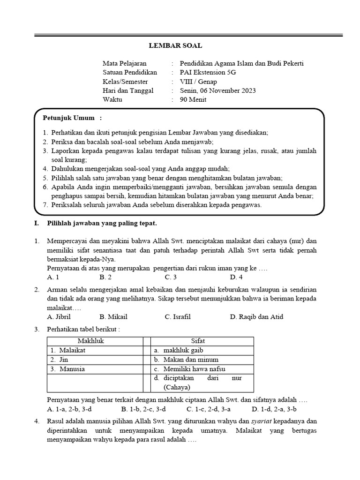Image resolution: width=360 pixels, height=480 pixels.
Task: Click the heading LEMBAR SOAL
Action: point(175,46)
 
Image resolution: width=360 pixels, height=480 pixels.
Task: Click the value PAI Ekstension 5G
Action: point(208,72)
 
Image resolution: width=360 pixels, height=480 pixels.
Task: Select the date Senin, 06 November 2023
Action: point(218,90)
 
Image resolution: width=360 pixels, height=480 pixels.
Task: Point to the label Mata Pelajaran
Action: point(124,63)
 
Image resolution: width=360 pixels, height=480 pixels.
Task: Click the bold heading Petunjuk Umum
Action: point(69,118)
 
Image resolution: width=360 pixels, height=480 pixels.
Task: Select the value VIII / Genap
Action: point(198,82)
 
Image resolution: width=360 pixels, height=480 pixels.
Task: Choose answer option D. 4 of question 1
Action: point(236,277)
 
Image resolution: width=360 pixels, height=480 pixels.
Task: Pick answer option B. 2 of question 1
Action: point(105,277)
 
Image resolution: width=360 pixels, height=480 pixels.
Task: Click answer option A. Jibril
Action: point(59,317)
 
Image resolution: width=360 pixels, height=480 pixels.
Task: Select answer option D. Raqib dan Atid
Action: point(256,317)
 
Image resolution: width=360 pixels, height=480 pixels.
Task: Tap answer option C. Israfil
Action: point(178,317)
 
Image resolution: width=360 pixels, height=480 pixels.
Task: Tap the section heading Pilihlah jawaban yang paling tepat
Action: point(102,224)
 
